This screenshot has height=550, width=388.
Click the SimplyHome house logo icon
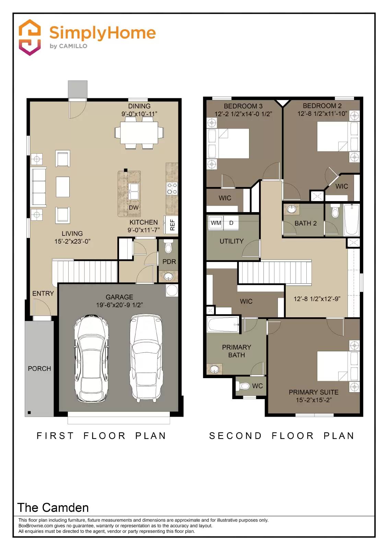tap(30, 37)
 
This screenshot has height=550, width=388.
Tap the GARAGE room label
tap(119, 297)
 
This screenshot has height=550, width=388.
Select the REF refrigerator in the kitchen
tap(171, 225)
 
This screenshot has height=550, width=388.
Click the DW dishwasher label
tap(133, 208)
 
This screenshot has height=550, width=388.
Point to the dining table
tap(139, 133)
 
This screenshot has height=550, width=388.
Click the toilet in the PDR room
tap(168, 247)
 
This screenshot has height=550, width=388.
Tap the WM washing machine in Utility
tap(216, 223)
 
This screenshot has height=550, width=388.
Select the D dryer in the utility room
tap(231, 223)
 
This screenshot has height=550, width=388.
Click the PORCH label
tap(39, 368)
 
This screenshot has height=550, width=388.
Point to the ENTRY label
tap(43, 294)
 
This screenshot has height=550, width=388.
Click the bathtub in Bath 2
tap(352, 220)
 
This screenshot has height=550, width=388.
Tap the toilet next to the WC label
tap(244, 386)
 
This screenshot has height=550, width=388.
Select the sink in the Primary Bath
tap(215, 369)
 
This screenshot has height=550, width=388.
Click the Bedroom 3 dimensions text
tap(243, 114)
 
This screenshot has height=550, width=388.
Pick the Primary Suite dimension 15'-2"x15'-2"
tap(314, 400)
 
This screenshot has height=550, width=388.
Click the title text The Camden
tap(53, 507)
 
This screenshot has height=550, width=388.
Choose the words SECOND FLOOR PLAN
tap(282, 436)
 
